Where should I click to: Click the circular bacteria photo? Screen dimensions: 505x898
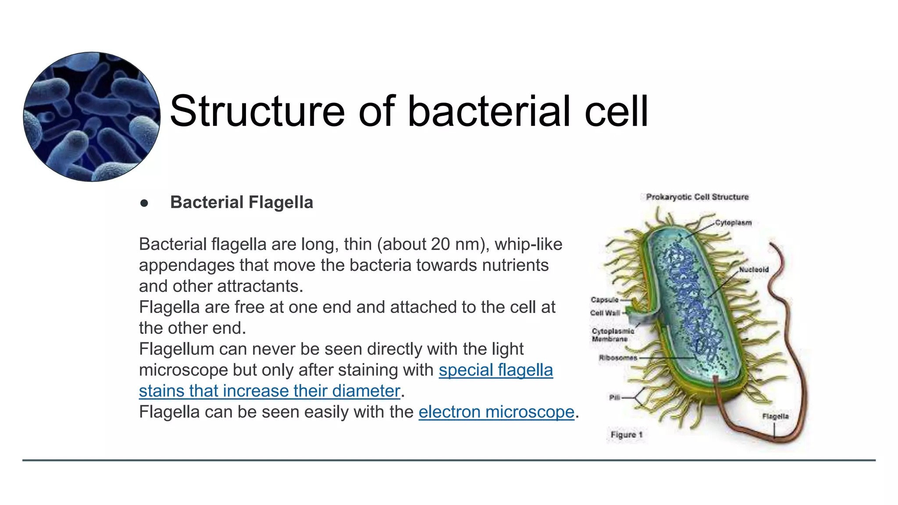(92, 117)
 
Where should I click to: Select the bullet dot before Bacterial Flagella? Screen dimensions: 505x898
(144, 203)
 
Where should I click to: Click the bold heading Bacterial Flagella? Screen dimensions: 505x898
(242, 203)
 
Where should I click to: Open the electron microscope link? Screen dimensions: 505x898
(496, 412)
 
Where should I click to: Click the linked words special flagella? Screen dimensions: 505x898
(495, 370)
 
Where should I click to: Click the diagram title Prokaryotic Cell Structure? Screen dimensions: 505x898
(697, 197)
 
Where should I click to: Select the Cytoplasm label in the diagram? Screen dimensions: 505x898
(733, 223)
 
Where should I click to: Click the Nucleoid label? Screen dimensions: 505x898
(754, 270)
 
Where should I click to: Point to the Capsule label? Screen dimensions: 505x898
(604, 300)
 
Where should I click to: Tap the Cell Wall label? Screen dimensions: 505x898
(605, 313)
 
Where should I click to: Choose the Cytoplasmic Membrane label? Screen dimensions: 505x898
(613, 335)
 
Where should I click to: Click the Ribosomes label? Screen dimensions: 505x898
(618, 358)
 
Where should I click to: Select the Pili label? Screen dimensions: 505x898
(614, 398)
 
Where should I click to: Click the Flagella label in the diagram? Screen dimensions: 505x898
(775, 416)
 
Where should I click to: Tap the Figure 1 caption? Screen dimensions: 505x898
(626, 435)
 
